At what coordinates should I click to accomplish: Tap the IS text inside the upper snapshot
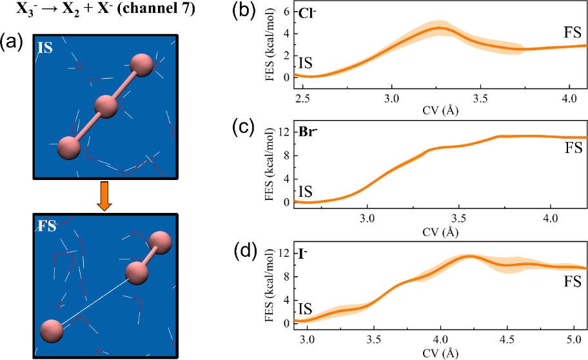(x=44, y=48)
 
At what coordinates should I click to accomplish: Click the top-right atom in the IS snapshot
(x=141, y=65)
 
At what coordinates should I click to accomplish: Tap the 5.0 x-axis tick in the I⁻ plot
(x=573, y=338)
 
